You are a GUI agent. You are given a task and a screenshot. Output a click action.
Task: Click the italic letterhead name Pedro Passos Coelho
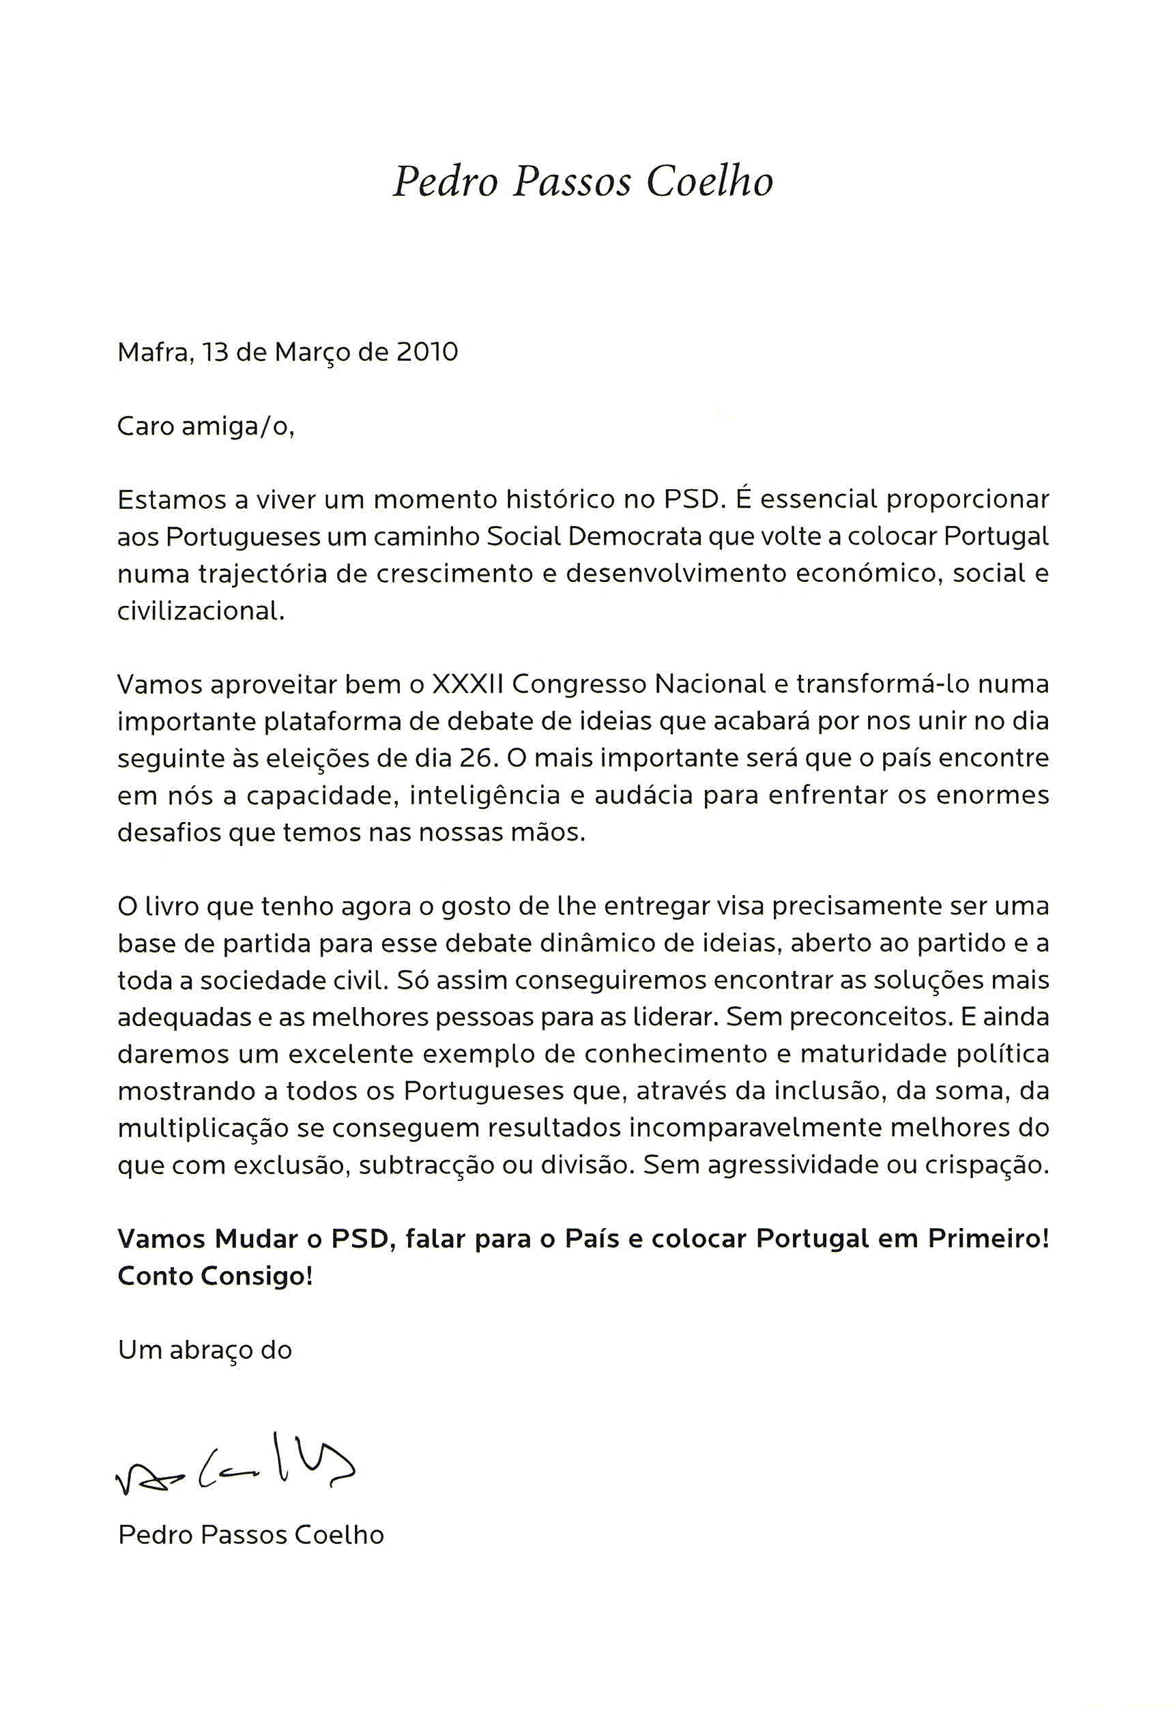583,181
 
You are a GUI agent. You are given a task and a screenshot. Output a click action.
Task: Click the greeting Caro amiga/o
206,426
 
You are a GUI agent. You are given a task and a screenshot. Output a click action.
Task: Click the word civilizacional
200,611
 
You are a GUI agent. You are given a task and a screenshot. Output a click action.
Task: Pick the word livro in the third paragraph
165,906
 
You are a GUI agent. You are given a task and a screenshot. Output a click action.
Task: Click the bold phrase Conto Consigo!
215,1276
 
